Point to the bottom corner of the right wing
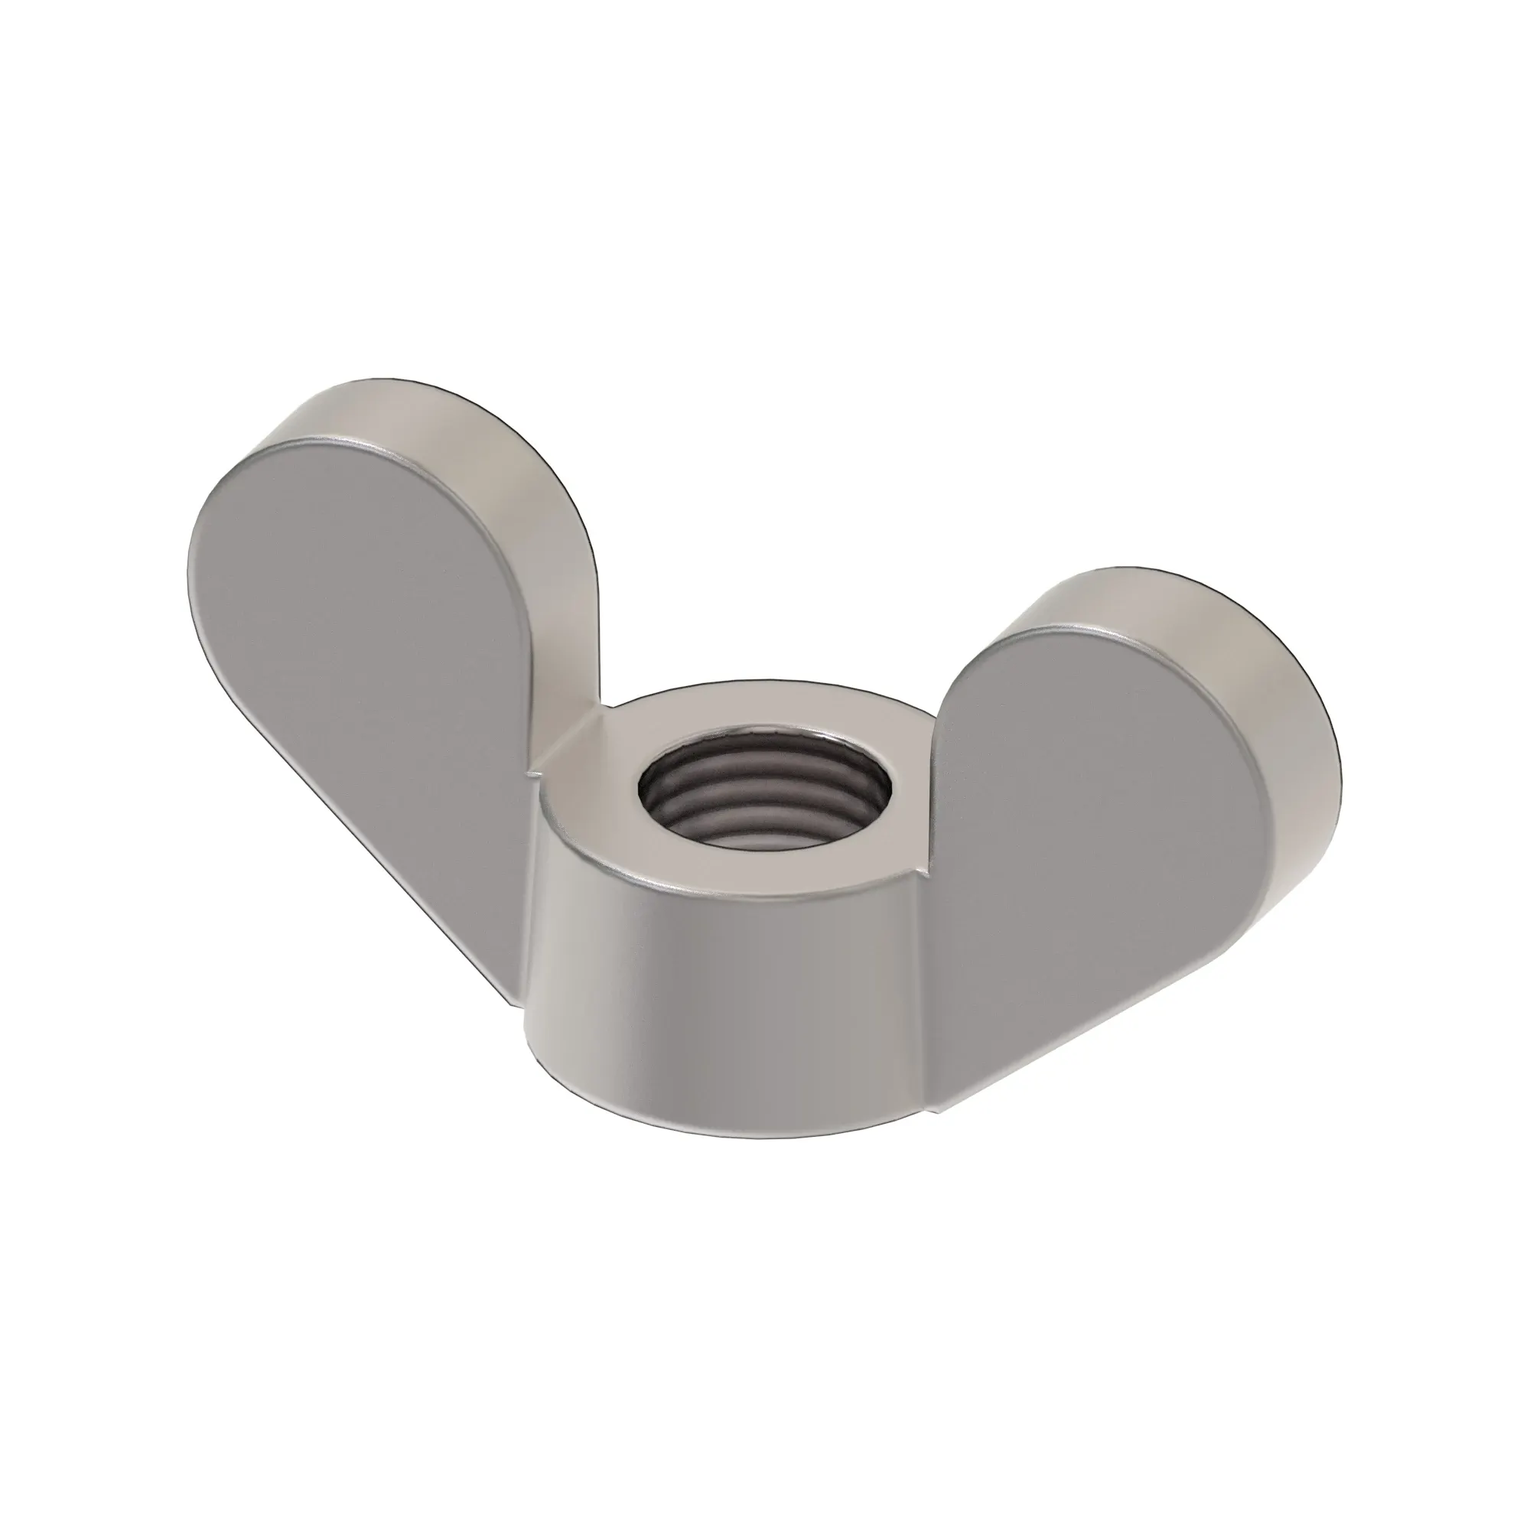(x=939, y=1108)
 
